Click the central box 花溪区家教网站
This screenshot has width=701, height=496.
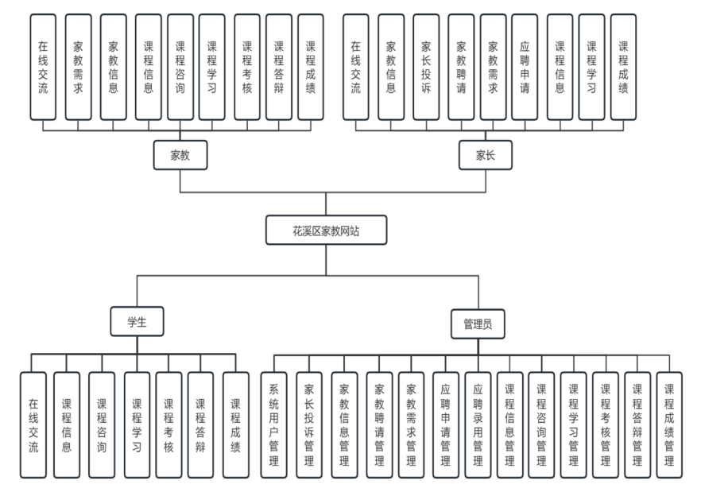coord(327,231)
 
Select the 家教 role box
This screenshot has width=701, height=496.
coord(180,155)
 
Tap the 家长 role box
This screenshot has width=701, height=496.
coord(486,155)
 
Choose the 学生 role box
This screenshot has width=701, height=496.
coord(137,322)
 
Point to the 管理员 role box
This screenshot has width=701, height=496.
coord(478,324)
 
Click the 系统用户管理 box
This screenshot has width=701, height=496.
coord(274,424)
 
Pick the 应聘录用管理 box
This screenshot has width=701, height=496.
coord(478,424)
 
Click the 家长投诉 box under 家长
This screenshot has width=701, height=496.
coord(425,67)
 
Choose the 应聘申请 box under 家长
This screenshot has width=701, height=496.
coord(525,67)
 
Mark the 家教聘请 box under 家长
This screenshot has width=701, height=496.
coord(460,67)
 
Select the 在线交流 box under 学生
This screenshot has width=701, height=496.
coord(33,424)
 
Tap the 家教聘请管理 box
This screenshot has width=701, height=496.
coord(379,424)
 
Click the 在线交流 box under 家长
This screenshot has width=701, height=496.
coord(355,67)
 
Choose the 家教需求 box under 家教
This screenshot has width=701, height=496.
coord(77,67)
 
